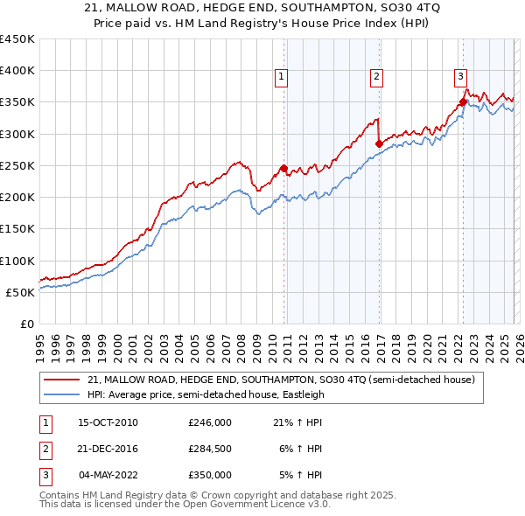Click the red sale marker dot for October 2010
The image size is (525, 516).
pyautogui.click(x=283, y=168)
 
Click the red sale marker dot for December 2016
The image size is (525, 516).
pyautogui.click(x=379, y=143)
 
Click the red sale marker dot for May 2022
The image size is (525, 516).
pyautogui.click(x=463, y=101)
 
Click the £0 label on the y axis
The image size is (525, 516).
pyautogui.click(x=26, y=324)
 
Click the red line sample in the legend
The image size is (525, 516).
pyautogui.click(x=61, y=380)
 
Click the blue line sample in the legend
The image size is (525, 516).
pyautogui.click(x=61, y=394)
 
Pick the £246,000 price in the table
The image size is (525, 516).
pyautogui.click(x=210, y=422)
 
